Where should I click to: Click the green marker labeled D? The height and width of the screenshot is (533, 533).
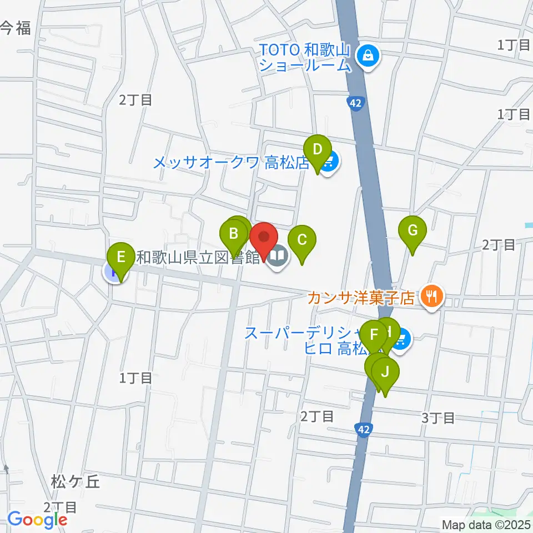(318, 150)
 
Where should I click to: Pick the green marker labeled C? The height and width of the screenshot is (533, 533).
(302, 240)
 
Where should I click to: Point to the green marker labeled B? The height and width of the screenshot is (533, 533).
(234, 234)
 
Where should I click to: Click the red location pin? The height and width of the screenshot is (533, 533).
(263, 237)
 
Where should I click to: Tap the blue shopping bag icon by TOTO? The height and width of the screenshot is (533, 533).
(368, 54)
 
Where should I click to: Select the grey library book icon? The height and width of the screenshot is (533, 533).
(277, 257)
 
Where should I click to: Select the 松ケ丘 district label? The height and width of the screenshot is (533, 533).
(77, 481)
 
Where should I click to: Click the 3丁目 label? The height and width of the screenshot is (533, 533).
(439, 418)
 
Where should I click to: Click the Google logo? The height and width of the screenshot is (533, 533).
(37, 520)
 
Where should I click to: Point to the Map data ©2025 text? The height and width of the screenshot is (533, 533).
(485, 524)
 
